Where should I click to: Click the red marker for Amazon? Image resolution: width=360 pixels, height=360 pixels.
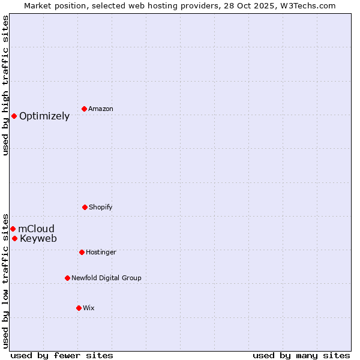85,109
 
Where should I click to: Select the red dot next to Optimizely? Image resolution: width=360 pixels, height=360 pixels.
14,116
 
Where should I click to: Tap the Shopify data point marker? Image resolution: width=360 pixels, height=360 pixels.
85,207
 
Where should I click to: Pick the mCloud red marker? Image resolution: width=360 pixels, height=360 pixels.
13,229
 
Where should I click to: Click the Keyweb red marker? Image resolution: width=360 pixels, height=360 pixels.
14,238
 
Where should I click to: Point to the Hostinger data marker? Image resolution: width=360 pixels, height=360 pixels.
82,252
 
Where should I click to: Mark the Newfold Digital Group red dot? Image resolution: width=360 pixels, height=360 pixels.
67,278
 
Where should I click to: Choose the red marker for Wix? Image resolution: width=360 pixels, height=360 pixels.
79,308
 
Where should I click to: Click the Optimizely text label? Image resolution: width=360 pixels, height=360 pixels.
44,116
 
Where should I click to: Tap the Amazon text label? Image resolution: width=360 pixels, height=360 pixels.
101,109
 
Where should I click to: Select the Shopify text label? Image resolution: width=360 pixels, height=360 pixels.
101,208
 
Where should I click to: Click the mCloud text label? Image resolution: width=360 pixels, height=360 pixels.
36,229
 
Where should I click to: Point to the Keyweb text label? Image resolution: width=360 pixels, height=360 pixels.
38,239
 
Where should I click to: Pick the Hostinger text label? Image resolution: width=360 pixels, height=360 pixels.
101,253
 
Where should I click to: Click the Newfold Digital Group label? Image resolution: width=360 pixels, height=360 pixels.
106,278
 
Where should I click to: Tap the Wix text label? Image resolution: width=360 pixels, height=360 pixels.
89,308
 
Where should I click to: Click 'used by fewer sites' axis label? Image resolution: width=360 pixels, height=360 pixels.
62,355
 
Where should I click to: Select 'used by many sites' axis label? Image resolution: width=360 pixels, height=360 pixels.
301,355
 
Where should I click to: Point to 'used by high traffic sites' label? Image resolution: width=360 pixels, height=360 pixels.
5,85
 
